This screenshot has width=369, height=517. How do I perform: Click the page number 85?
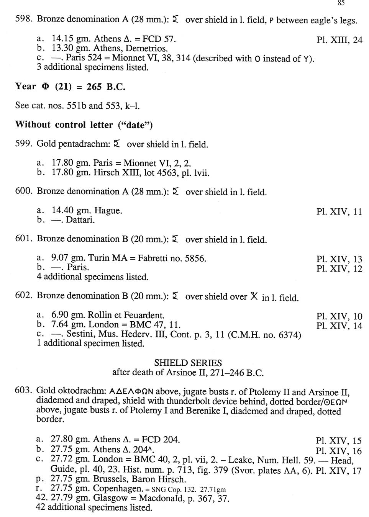[341, 3]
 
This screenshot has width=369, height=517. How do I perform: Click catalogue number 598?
[24, 20]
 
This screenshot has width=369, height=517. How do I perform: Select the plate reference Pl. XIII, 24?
[339, 40]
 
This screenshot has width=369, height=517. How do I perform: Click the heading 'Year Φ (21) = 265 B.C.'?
[71, 87]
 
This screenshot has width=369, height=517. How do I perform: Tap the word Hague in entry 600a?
[108, 211]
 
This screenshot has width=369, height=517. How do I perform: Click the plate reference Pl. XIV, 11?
[339, 212]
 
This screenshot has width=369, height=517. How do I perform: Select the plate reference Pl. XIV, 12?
[339, 269]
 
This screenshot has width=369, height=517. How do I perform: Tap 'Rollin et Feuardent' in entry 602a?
[126, 315]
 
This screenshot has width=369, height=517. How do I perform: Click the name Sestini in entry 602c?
[80, 334]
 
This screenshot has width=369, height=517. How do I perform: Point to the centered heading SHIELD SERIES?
[188, 363]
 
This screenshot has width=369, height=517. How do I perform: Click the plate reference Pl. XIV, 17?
[338, 471]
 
